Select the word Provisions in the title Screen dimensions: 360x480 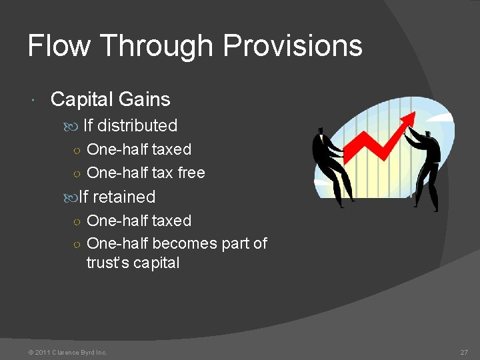(x=293, y=46)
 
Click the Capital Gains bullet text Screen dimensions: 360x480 (x=110, y=99)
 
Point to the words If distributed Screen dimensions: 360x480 (x=130, y=125)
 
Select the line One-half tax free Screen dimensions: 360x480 (x=146, y=173)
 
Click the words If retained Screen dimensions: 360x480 (x=117, y=197)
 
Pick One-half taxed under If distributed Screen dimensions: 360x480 (x=139, y=149)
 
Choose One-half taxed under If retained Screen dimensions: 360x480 (x=139, y=221)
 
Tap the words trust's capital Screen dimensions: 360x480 (x=133, y=263)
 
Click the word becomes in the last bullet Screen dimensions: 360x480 (x=185, y=243)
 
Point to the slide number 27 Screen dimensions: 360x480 (x=464, y=352)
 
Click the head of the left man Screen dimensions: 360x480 (x=321, y=131)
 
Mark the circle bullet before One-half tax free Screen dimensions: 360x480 (x=77, y=173)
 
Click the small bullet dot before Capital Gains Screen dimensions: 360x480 (x=33, y=100)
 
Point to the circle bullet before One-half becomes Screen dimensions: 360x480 (x=77, y=244)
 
